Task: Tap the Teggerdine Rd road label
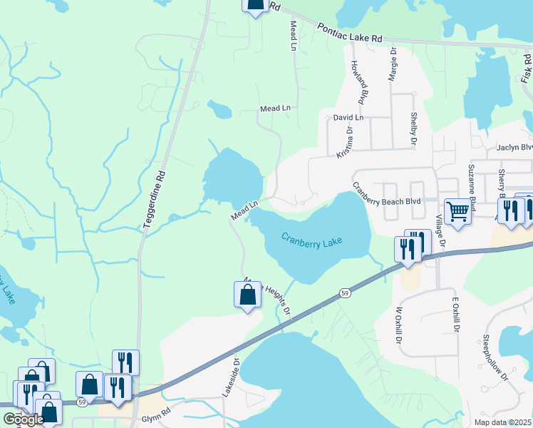[155, 198]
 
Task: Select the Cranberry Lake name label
[311, 240]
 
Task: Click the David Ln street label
[348, 117]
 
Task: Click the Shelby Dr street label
[413, 130]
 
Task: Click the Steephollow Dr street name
[496, 357]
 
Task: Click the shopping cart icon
[457, 210]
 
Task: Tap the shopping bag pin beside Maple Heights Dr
[247, 295]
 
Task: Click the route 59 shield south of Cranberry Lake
[345, 293]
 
